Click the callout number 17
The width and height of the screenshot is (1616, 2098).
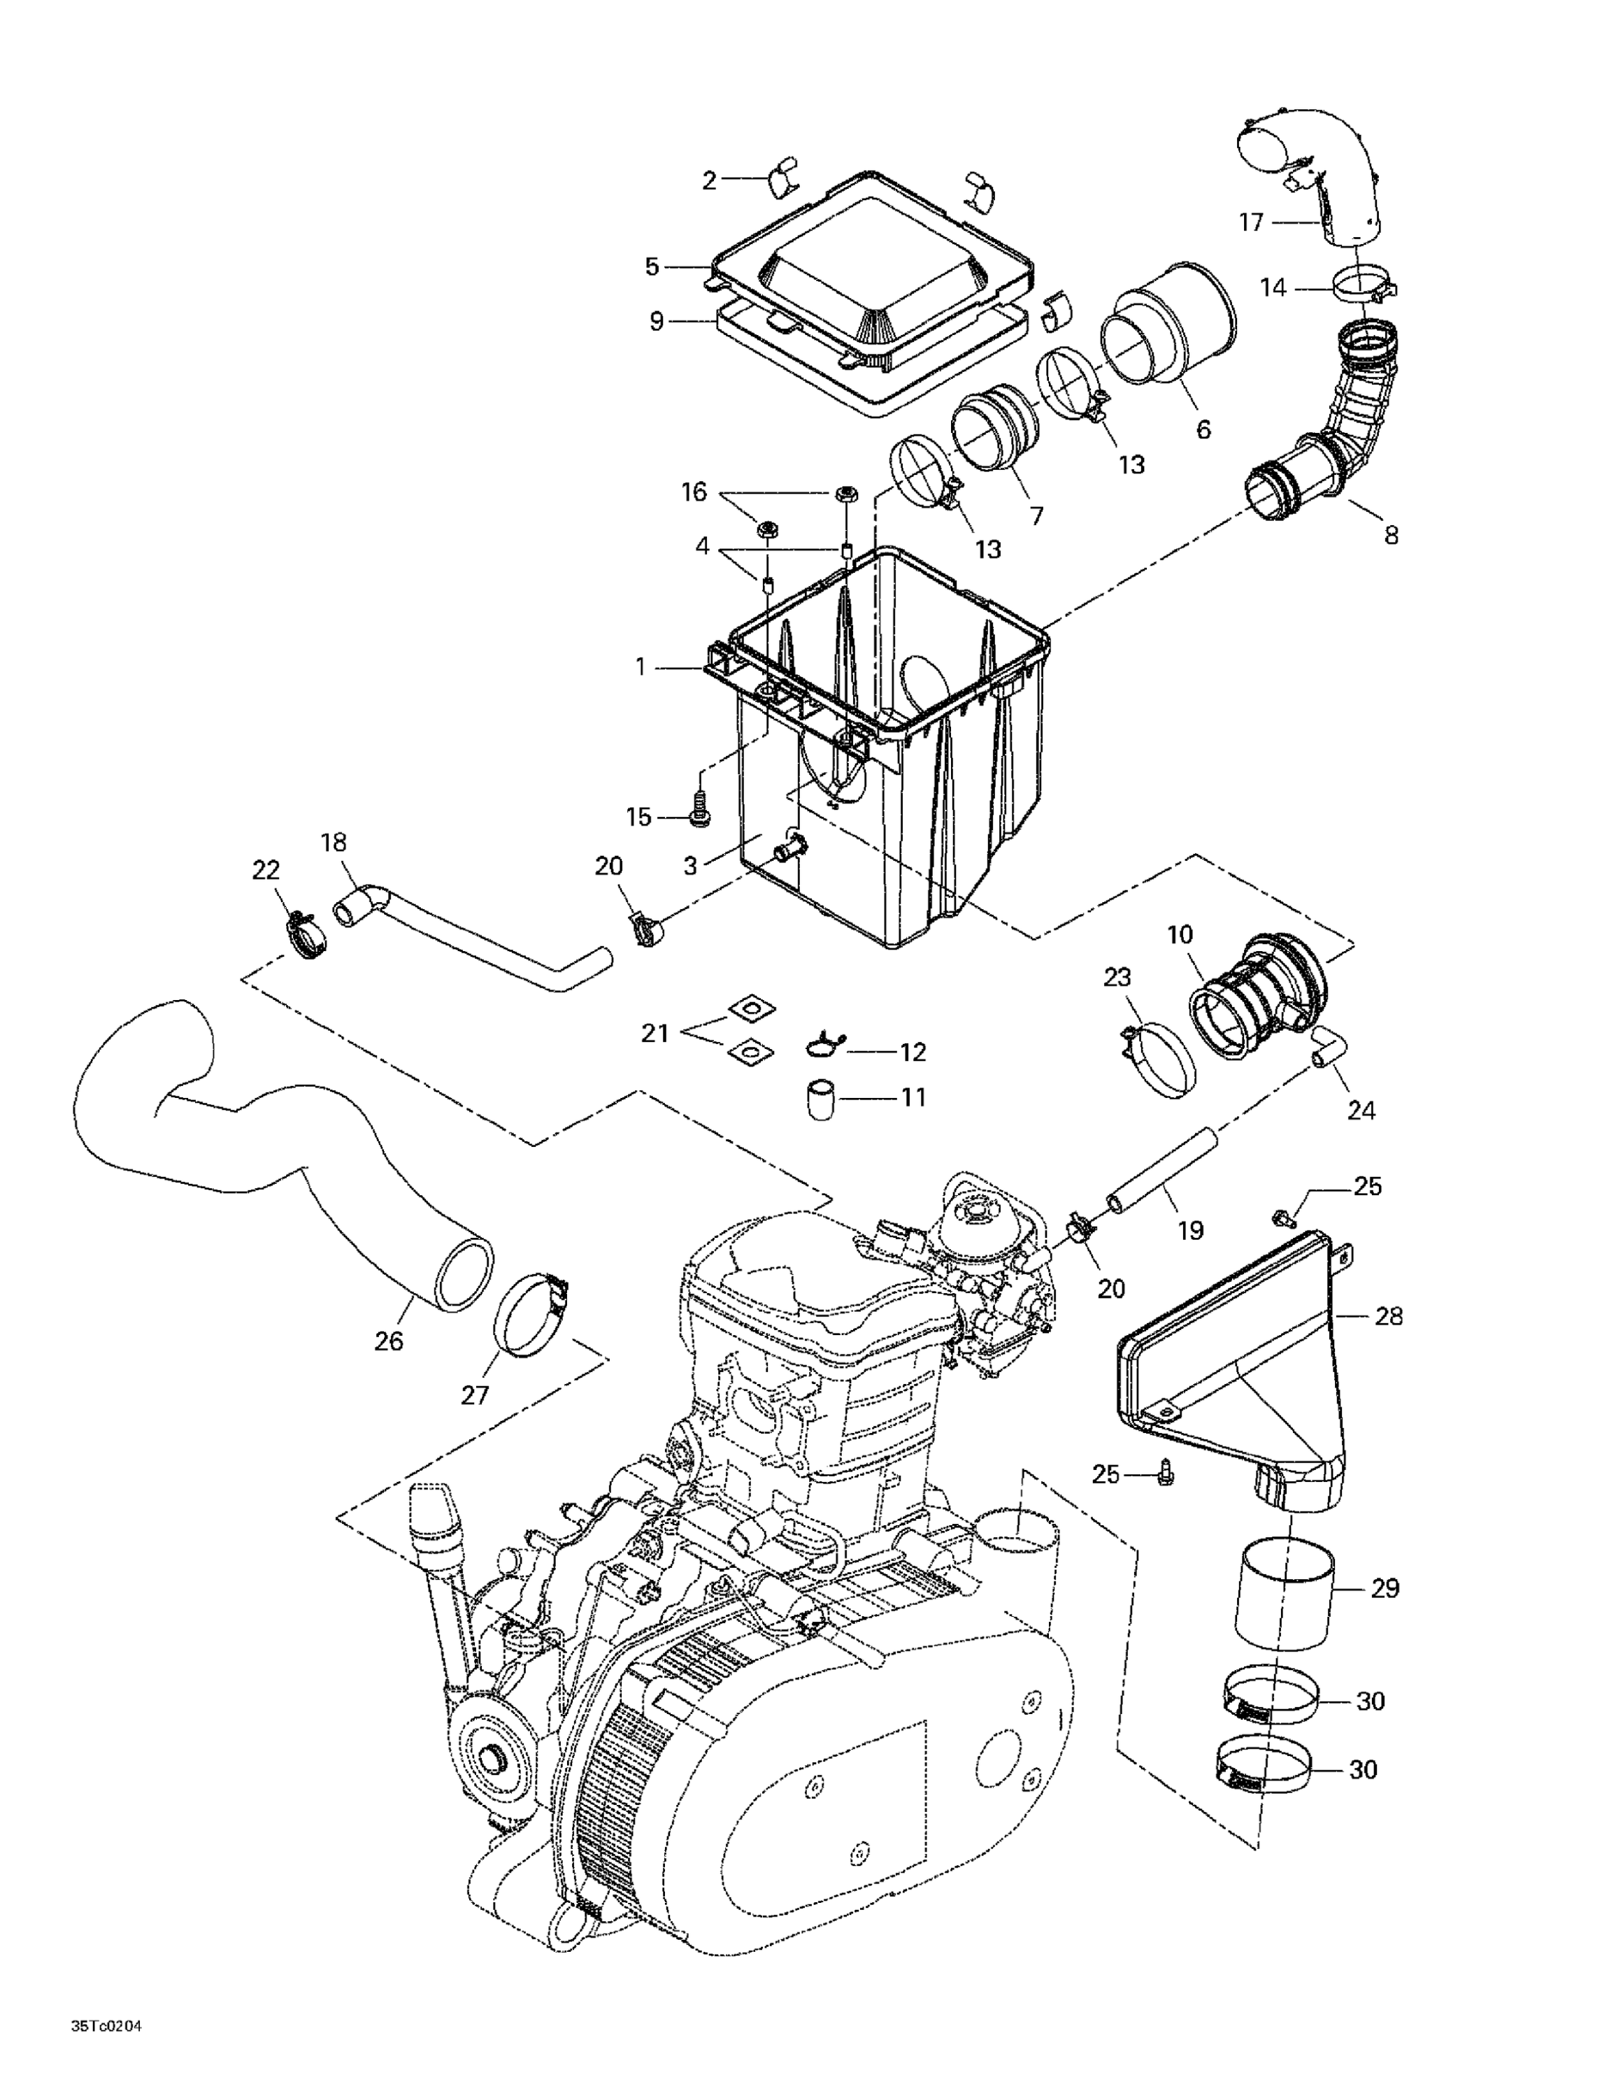(1250, 223)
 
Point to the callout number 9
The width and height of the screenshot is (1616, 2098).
(656, 321)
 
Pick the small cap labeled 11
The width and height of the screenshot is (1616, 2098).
(819, 1099)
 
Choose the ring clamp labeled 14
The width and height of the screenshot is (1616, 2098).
(1364, 285)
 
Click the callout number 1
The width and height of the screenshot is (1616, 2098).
(641, 666)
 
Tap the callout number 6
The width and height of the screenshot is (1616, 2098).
(1203, 429)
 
